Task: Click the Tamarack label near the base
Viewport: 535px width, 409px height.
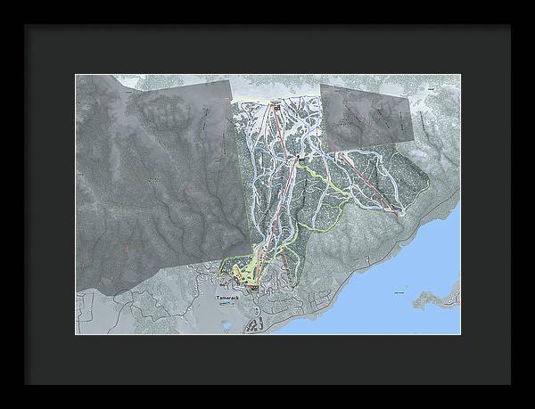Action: coord(228,293)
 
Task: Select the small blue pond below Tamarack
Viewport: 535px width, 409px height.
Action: coord(226,326)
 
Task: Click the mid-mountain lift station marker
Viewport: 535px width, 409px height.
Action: coord(301,159)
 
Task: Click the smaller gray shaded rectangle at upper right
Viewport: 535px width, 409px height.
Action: coord(367,116)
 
